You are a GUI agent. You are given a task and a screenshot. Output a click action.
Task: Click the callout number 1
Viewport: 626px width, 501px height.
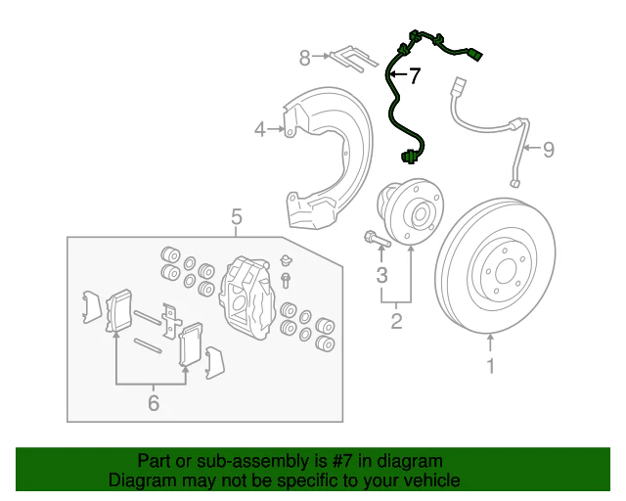[x=491, y=367]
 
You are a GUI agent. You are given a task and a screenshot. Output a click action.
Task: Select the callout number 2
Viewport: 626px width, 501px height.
[x=396, y=320]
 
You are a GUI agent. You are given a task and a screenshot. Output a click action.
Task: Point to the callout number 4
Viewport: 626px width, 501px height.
[x=260, y=128]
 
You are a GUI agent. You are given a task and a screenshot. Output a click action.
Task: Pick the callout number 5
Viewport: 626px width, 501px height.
[x=236, y=216]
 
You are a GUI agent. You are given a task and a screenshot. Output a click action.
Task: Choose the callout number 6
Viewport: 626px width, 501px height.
[x=153, y=401]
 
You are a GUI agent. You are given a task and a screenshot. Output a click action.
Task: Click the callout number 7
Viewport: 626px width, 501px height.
[x=414, y=76]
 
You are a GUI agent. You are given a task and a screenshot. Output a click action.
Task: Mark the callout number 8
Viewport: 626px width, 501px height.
[x=304, y=59]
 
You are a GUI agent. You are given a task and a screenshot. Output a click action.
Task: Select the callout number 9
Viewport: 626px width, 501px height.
[x=548, y=149]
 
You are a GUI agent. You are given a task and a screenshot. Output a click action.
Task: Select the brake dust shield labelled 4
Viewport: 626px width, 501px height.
[x=323, y=157]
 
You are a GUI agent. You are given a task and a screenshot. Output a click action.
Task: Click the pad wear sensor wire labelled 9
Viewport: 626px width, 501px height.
[x=484, y=122]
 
